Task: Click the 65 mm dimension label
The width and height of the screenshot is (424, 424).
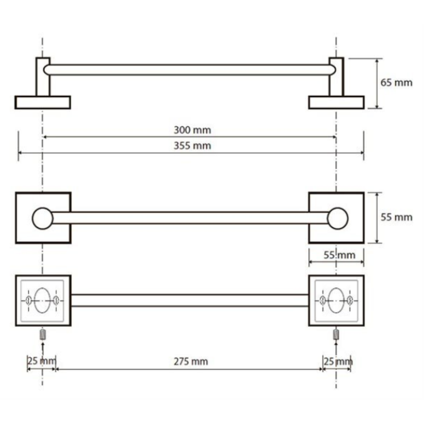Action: click(396, 82)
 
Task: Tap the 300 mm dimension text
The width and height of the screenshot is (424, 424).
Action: click(192, 130)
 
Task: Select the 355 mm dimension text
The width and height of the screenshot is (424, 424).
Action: click(192, 146)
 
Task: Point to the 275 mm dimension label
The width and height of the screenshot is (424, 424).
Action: click(191, 361)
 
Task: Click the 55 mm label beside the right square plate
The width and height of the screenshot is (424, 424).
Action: click(396, 217)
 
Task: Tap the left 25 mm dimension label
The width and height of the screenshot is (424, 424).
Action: click(42, 361)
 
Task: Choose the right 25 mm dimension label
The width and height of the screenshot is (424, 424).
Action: click(338, 361)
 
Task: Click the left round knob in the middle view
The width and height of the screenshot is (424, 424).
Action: click(42, 218)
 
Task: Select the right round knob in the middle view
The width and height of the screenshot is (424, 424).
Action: click(338, 218)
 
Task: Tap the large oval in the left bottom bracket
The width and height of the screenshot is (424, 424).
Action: click(41, 301)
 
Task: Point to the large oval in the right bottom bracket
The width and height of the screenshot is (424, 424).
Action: click(336, 301)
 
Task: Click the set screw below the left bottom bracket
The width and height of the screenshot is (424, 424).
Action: click(42, 335)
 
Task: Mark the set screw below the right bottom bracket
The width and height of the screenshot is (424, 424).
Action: click(336, 335)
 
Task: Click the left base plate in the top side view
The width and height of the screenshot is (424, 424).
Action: click(42, 102)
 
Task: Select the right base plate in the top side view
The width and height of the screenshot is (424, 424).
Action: click(336, 102)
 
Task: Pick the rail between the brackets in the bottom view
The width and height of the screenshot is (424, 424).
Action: click(190, 300)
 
